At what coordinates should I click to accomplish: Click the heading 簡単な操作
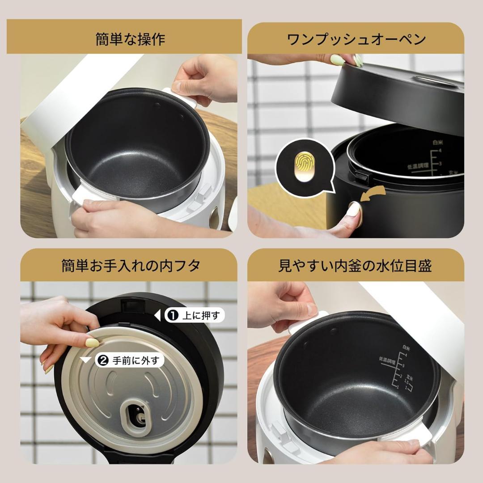130,39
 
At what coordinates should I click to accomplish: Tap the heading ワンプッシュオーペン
356,39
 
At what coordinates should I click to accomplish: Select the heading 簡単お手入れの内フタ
130,266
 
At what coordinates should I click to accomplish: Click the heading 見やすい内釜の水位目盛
356,266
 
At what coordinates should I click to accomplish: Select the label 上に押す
201,316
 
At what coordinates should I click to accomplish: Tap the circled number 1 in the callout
172,316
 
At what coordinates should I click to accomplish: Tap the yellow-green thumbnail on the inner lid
93,343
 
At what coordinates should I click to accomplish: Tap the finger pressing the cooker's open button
353,210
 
